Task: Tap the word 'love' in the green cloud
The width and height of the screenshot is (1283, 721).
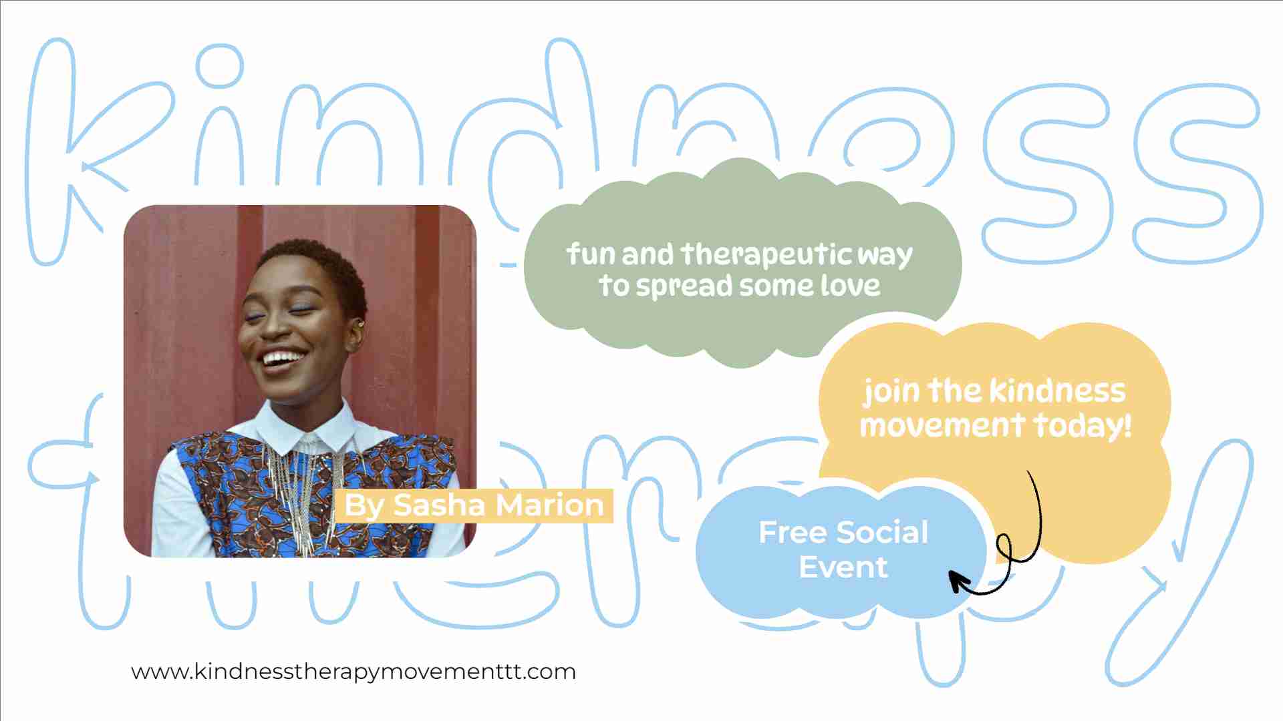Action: [850, 286]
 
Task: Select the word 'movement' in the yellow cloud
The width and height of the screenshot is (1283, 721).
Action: [942, 425]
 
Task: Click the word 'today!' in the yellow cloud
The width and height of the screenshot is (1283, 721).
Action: [1083, 425]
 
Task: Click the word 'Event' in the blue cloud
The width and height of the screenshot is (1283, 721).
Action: [843, 567]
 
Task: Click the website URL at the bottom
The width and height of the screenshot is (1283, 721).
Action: [353, 672]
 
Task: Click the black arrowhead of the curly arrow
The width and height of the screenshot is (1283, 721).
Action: [960, 580]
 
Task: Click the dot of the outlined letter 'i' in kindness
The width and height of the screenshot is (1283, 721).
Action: [219, 67]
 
